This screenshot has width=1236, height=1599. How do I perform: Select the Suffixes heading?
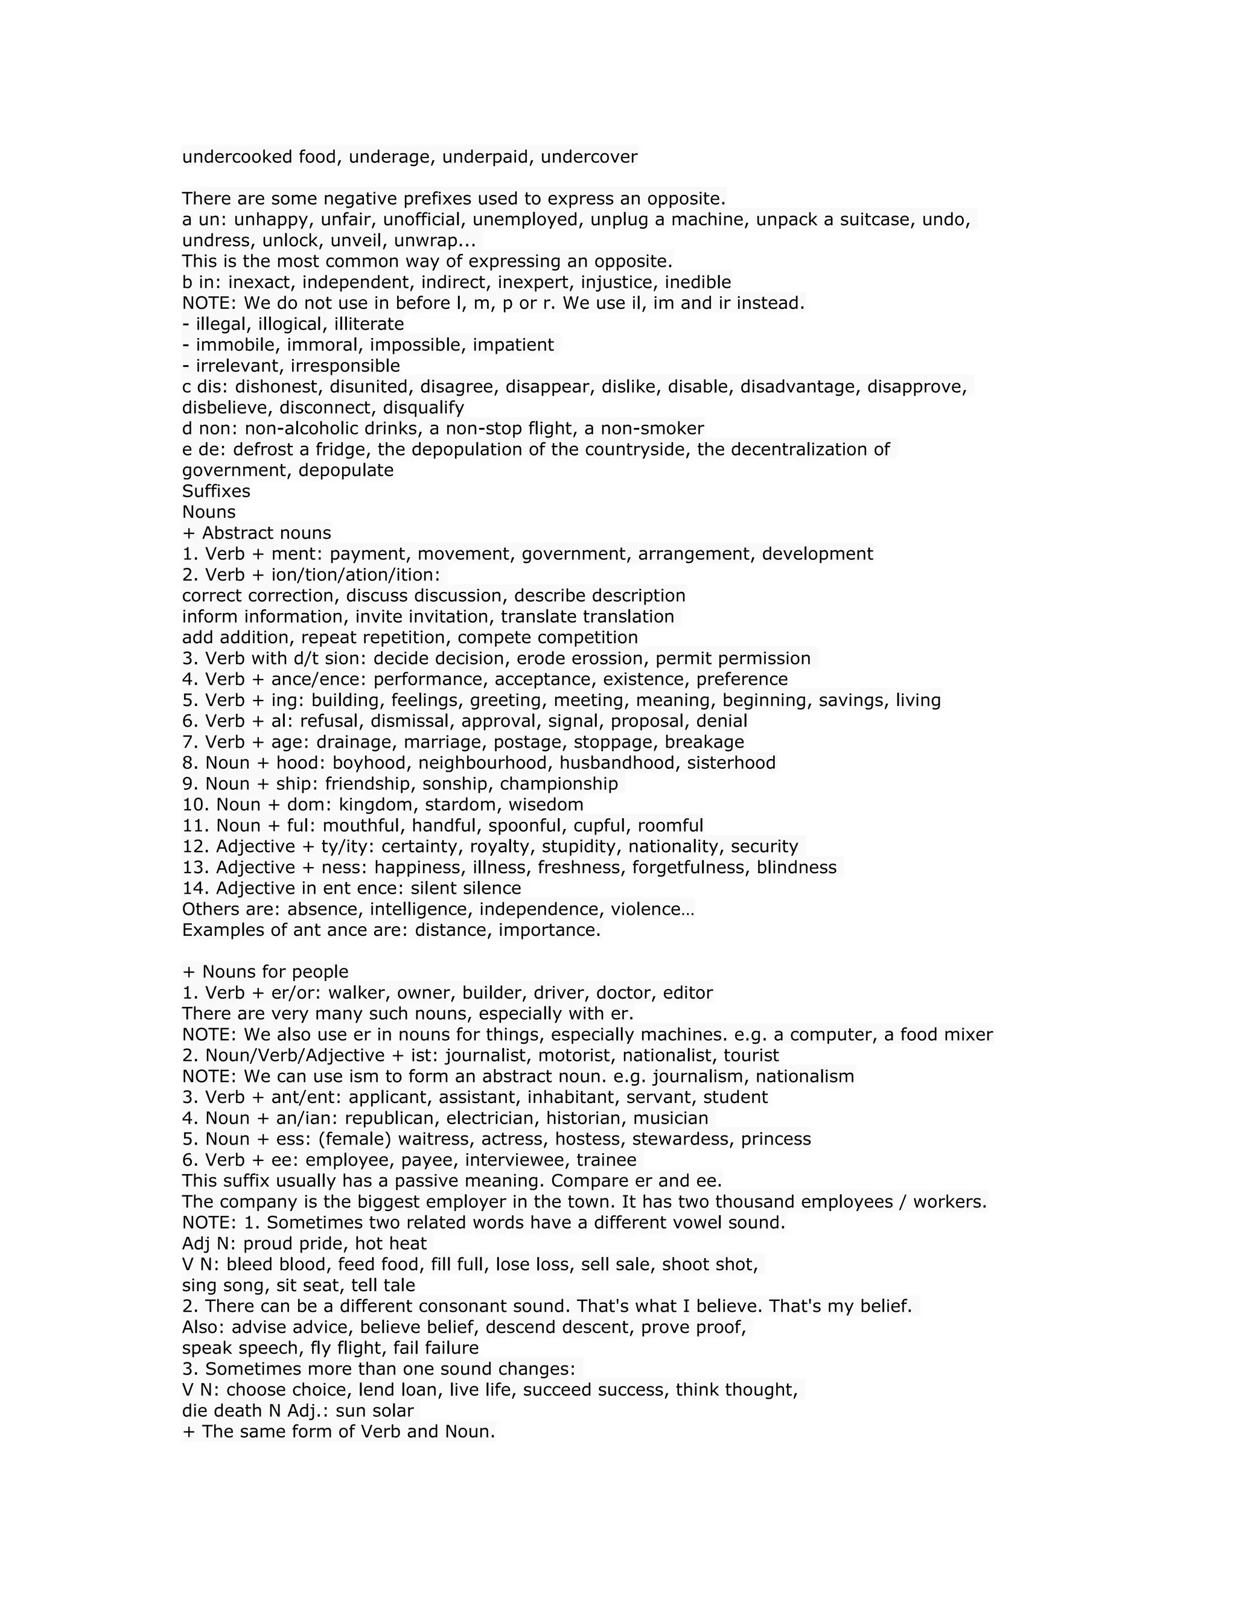[x=216, y=491]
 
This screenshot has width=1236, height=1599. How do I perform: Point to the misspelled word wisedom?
[x=549, y=804]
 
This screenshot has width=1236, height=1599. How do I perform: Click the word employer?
[x=467, y=1201]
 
